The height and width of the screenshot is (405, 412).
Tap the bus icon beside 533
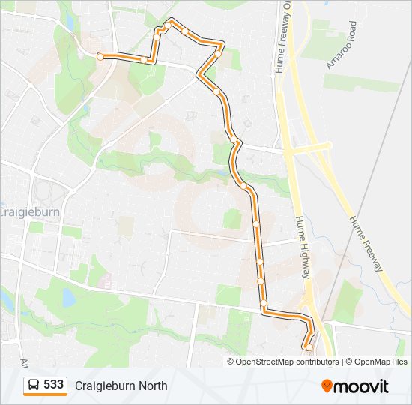click(34, 385)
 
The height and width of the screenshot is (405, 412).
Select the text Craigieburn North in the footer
click(121, 385)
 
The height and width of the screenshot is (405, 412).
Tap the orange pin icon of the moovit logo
click(327, 385)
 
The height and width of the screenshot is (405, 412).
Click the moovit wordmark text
click(362, 386)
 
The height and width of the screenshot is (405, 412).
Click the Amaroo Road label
click(341, 45)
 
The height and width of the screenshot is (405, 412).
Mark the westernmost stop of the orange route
click(100, 55)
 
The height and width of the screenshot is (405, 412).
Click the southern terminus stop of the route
click(308, 346)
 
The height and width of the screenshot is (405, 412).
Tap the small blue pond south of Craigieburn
click(68, 298)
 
